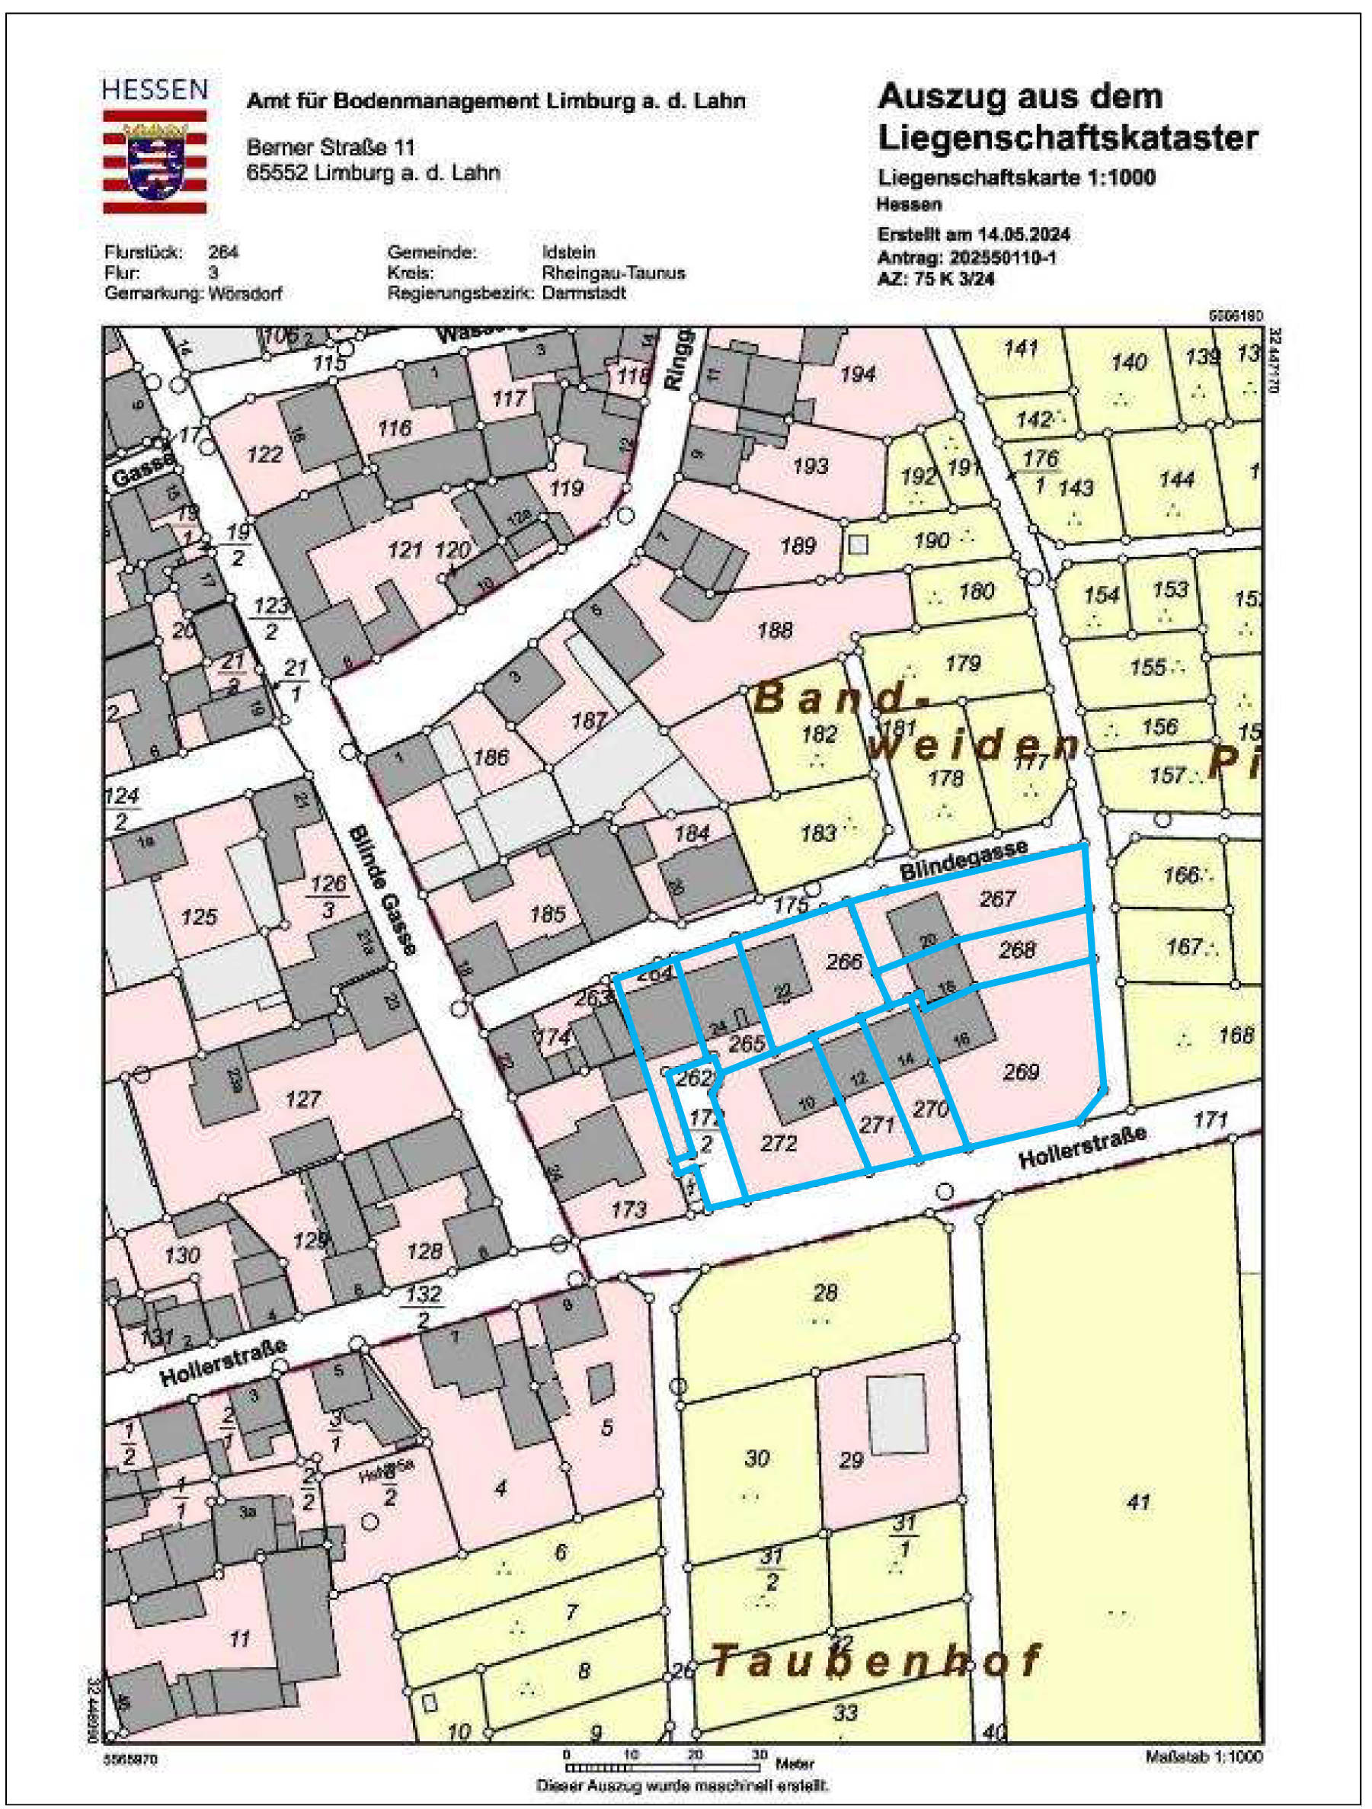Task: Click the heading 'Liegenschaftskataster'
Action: (x=1067, y=138)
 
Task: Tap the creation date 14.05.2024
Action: (x=1027, y=235)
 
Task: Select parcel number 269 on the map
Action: (x=1020, y=1070)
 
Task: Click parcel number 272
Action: (x=778, y=1141)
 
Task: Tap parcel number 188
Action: (x=774, y=629)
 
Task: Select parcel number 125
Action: (x=199, y=917)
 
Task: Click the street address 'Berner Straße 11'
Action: (x=331, y=147)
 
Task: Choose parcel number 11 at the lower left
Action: (x=238, y=1639)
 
